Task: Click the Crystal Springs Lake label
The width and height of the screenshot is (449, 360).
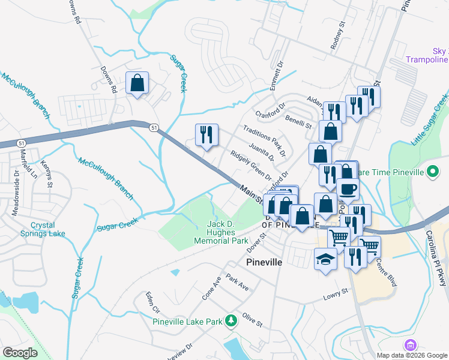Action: point(39,229)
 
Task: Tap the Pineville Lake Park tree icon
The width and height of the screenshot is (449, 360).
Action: point(231,322)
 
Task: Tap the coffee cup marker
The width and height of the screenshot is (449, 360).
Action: point(348,190)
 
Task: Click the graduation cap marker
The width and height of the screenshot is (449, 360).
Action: point(325,259)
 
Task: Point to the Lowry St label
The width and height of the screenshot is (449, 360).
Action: point(336,293)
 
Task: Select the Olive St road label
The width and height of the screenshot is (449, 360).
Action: point(253,319)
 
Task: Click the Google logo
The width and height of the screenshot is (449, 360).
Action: point(20,352)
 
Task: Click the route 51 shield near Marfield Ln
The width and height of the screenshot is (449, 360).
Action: point(22,143)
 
